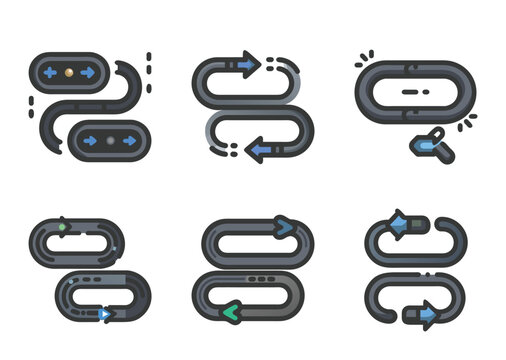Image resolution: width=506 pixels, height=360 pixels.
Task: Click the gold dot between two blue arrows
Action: click(x=66, y=73)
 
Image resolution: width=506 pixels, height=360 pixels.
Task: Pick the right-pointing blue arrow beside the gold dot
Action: click(x=86, y=73)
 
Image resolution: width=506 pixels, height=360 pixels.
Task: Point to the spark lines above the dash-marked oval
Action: click(x=364, y=58)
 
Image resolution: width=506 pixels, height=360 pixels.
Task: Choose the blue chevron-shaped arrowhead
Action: click(x=286, y=228)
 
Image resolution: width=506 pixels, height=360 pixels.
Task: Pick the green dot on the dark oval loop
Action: click(x=61, y=227)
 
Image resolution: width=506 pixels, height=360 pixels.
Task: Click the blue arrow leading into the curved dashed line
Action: click(x=245, y=66)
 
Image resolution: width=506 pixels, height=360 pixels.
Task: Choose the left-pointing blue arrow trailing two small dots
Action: click(x=260, y=150)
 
